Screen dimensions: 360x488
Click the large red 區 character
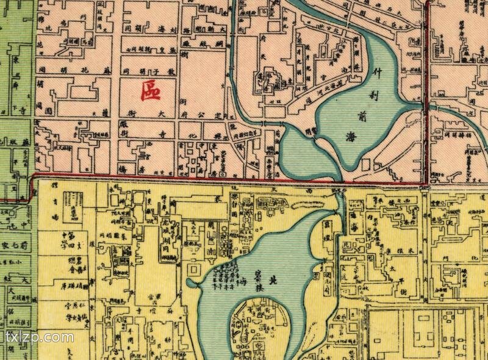[150, 91]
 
